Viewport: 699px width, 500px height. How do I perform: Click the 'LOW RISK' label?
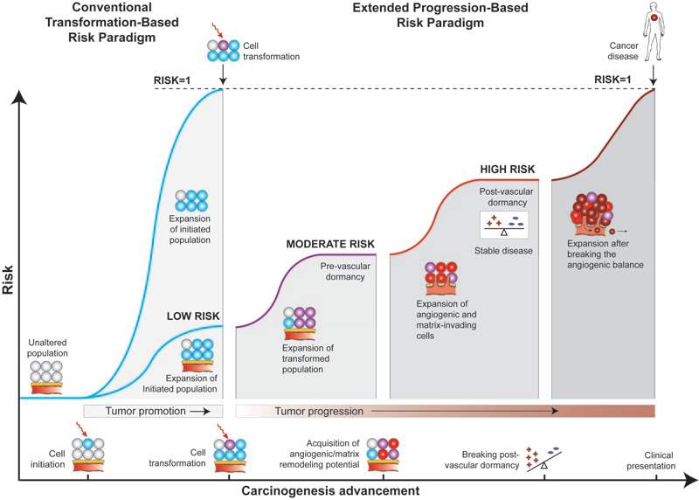[194, 316]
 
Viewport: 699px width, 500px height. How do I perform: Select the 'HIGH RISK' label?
[508, 169]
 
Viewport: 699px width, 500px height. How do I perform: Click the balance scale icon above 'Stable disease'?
[504, 226]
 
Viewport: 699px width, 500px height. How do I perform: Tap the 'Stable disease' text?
[504, 251]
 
